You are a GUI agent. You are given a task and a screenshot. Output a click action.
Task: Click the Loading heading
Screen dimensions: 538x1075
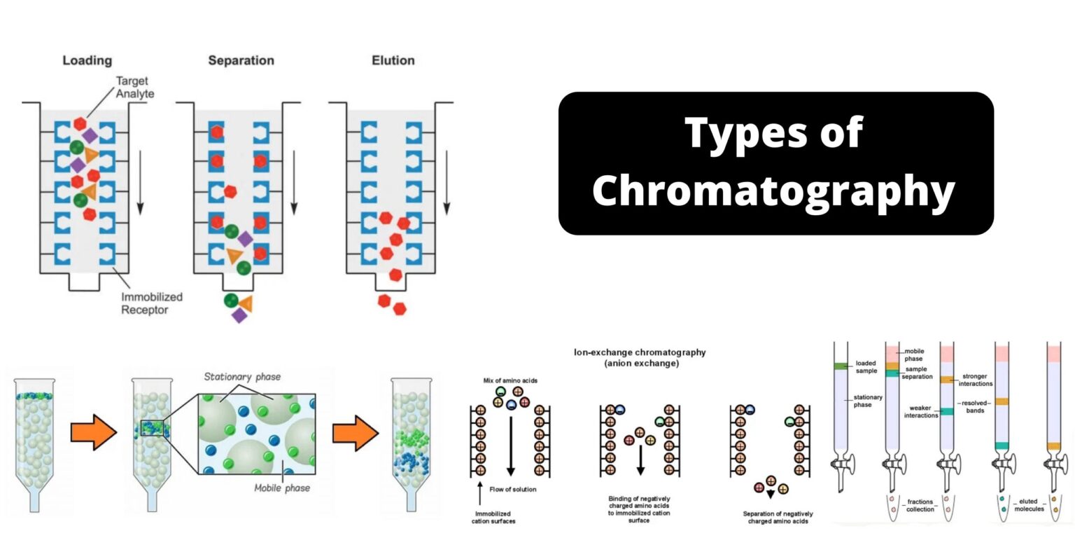(x=87, y=61)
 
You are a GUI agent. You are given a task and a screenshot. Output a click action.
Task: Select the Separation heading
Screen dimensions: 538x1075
(x=241, y=61)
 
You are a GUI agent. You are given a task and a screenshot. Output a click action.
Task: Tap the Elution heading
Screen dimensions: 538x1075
(x=393, y=61)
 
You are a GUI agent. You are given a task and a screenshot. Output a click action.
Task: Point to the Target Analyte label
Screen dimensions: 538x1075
(x=137, y=87)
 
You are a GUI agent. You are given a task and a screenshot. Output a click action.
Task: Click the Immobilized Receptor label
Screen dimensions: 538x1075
(x=145, y=303)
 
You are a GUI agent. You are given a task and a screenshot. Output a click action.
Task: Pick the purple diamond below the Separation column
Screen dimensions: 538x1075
(x=240, y=315)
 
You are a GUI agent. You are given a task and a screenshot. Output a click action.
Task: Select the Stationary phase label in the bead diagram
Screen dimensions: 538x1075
(x=242, y=377)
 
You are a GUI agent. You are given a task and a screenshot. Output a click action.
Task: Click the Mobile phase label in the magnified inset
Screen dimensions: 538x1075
(x=282, y=488)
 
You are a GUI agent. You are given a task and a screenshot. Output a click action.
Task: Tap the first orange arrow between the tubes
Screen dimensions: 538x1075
(x=93, y=434)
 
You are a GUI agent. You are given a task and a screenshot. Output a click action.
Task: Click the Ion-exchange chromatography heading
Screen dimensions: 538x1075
(x=640, y=357)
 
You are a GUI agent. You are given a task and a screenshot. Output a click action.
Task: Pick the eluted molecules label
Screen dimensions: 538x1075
(x=1027, y=505)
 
